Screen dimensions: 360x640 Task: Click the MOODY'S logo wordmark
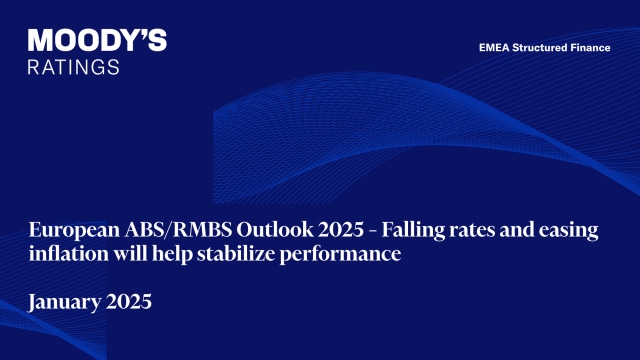click(x=97, y=41)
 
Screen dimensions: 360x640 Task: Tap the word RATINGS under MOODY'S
click(x=74, y=66)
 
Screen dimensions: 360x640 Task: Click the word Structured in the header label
click(x=543, y=47)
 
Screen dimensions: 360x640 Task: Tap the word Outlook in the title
click(x=256, y=231)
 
